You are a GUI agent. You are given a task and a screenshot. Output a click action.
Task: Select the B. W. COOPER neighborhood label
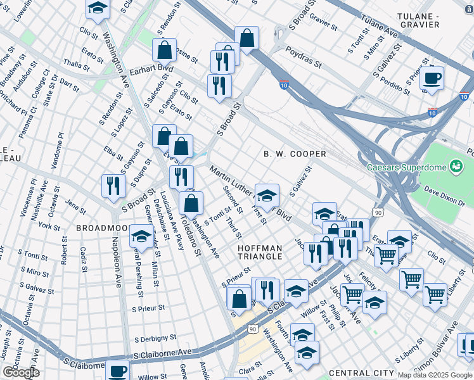pos(295,154)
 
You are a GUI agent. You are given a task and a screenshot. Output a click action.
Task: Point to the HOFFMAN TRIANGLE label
pos(260,251)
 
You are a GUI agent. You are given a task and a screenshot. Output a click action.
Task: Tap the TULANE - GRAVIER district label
pos(426,20)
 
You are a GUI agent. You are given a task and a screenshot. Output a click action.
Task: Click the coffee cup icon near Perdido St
pos(432,78)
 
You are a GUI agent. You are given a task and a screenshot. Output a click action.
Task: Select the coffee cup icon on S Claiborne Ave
pos(118,370)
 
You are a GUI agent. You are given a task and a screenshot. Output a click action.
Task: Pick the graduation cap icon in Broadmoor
pos(141,237)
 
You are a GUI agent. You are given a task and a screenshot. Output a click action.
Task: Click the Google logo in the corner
pos(20,372)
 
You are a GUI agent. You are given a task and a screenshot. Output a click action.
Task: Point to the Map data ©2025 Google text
pos(435,375)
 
